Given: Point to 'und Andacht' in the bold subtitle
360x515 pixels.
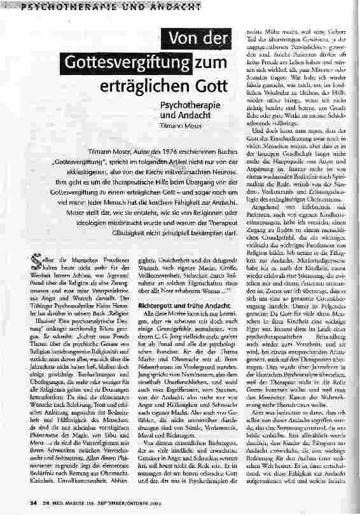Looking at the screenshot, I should [x=179, y=116].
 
